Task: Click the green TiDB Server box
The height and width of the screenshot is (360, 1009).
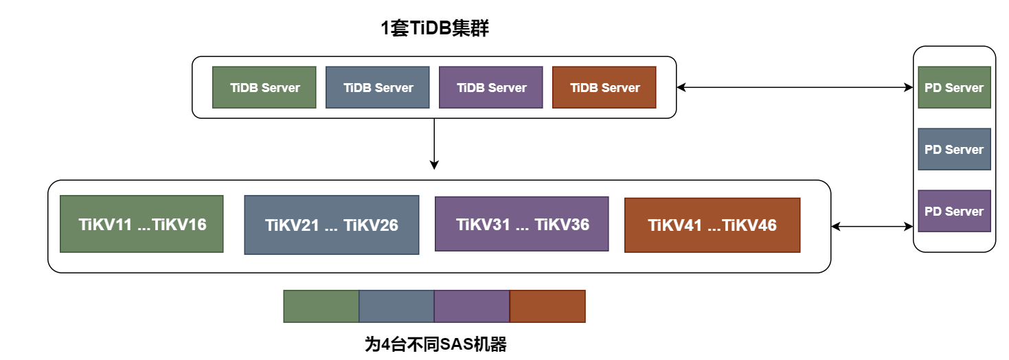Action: (264, 87)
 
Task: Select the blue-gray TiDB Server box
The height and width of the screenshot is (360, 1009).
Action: (378, 87)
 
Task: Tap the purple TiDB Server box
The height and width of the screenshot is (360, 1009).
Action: (491, 87)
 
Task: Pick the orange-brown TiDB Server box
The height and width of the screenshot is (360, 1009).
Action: (604, 87)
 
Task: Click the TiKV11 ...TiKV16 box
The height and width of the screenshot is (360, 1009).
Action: (141, 224)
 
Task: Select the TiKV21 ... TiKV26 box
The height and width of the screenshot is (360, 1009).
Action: (332, 225)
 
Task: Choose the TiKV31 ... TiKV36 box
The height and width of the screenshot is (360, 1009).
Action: (522, 224)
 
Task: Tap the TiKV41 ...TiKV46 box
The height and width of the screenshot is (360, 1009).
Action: (712, 225)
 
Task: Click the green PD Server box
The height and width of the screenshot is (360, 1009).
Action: (954, 87)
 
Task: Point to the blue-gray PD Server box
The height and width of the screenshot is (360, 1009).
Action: (954, 149)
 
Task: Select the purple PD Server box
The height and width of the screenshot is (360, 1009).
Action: (954, 211)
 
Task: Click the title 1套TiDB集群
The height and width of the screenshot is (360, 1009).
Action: (435, 29)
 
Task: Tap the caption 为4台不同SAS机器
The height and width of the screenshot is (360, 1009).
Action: (435, 344)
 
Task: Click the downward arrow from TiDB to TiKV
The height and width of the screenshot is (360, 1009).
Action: (434, 144)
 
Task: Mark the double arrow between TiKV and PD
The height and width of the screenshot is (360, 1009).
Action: (872, 226)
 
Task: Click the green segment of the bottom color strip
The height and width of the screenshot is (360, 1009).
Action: (321, 306)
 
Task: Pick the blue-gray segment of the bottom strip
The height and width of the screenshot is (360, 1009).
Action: (396, 306)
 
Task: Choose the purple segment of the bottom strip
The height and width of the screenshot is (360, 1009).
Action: (472, 306)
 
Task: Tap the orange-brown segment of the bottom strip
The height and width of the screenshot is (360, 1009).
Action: (547, 306)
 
